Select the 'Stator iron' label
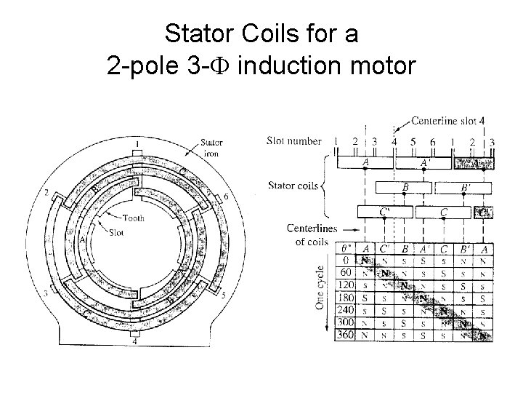click(211, 149)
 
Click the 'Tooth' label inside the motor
click(133, 218)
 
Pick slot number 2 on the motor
click(46, 193)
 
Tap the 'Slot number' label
click(294, 140)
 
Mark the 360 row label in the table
click(345, 336)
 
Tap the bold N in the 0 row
click(365, 260)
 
